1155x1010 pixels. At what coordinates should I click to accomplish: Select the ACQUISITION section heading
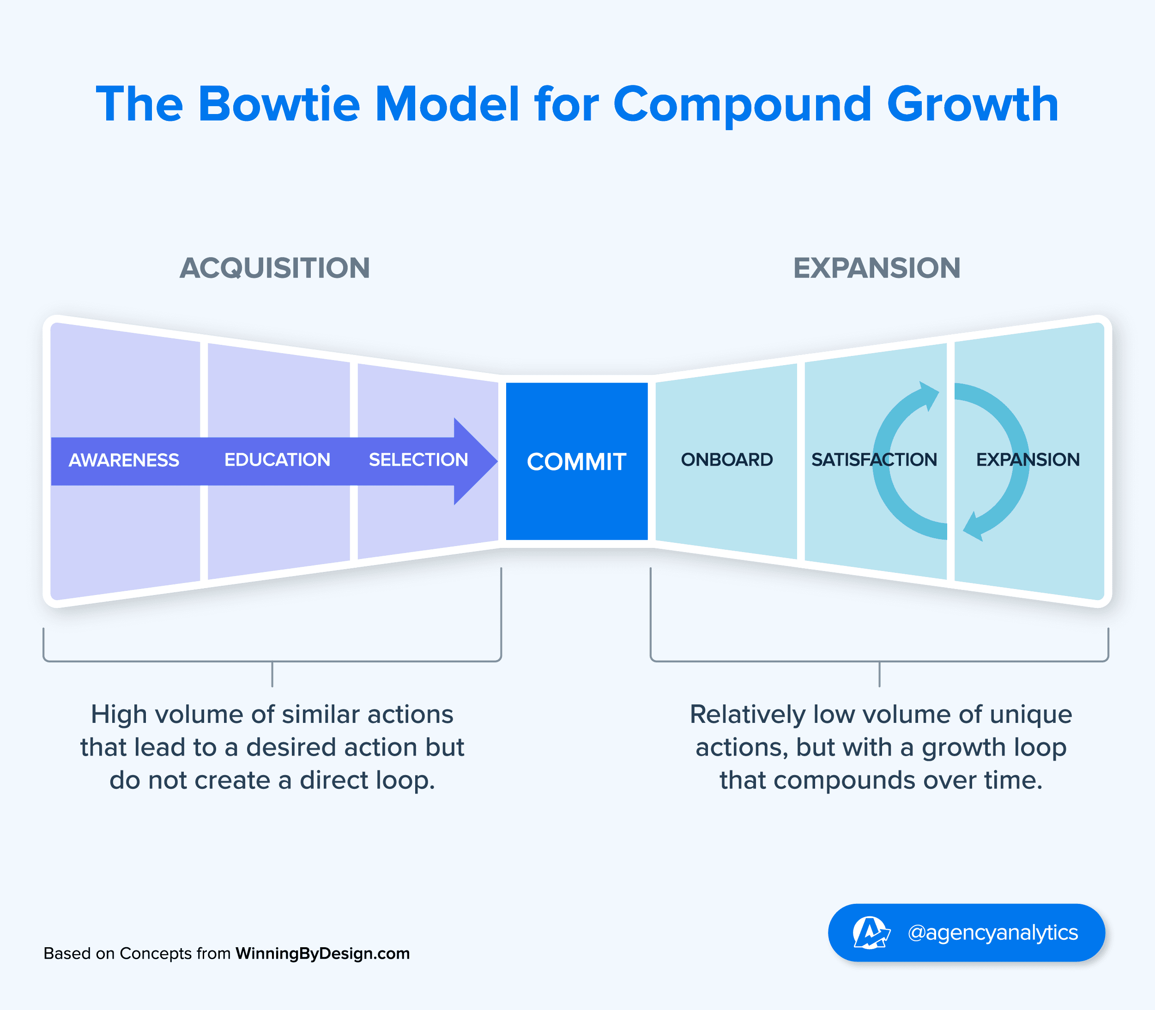(x=275, y=268)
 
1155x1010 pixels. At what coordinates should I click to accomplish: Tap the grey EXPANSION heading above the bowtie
(x=877, y=268)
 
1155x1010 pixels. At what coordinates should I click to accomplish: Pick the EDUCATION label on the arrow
(x=277, y=460)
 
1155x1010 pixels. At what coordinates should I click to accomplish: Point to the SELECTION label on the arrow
(x=418, y=460)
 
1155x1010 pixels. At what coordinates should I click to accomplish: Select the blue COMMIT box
(x=576, y=462)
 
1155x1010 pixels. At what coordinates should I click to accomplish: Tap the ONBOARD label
(x=726, y=460)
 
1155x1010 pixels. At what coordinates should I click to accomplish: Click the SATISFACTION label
(x=874, y=460)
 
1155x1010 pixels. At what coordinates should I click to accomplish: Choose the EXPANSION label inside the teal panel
(x=1028, y=460)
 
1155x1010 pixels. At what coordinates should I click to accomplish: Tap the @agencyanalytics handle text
(x=992, y=932)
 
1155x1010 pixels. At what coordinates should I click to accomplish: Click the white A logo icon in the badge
(x=870, y=932)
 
